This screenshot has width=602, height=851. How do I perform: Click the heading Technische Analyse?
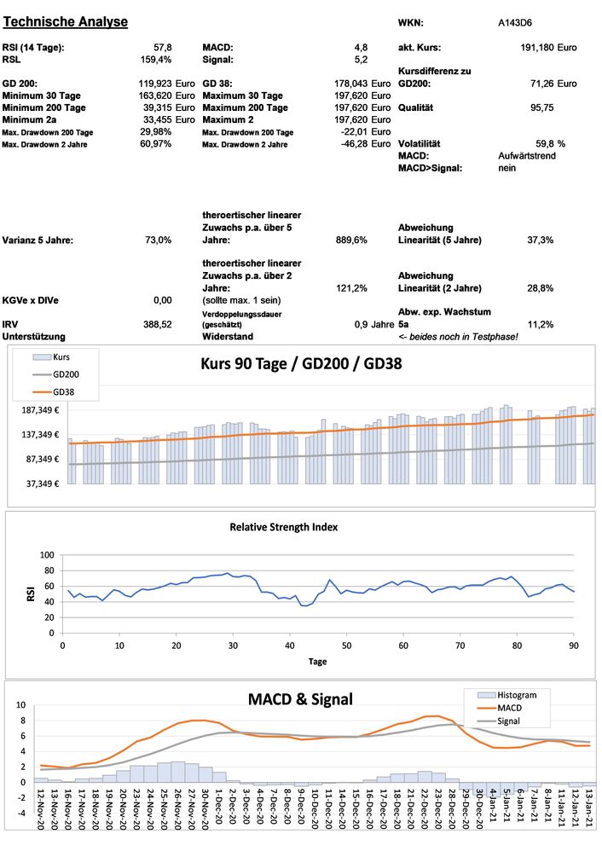click(x=67, y=21)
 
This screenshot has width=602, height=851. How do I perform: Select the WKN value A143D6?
click(x=516, y=23)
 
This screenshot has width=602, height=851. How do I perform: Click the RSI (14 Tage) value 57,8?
click(x=162, y=48)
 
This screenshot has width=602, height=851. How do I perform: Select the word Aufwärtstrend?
click(x=528, y=157)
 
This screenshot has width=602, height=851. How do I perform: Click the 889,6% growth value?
click(x=351, y=240)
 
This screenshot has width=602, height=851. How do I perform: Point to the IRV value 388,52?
click(x=158, y=325)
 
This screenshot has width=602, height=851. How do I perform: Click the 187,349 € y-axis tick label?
click(x=39, y=410)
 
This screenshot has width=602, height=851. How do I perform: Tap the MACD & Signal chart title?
click(x=299, y=699)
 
